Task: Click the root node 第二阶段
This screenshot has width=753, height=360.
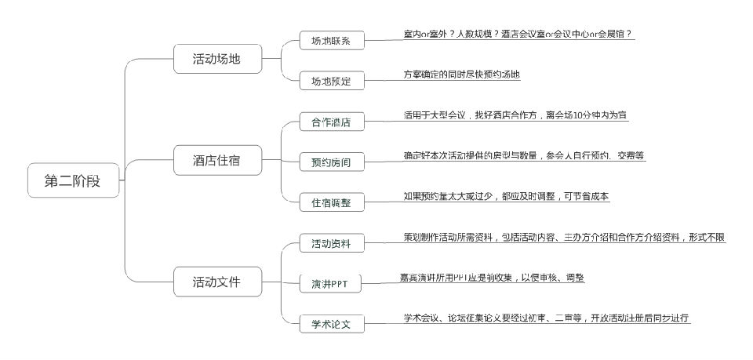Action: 75,181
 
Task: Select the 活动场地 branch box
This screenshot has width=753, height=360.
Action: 216,59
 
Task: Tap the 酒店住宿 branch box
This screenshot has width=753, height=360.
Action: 216,161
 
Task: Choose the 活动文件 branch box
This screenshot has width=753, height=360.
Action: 216,280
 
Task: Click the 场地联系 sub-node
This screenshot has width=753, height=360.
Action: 331,41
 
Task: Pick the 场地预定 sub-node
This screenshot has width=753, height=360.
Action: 331,81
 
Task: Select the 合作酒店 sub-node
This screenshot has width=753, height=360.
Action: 331,122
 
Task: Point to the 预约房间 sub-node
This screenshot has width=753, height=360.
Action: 331,162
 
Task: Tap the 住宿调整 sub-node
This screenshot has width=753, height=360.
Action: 331,202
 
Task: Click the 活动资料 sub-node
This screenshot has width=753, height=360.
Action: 331,243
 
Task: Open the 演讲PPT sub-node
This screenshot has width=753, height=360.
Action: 331,283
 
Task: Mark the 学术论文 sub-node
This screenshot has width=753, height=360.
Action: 331,323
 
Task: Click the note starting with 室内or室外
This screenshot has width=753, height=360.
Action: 518,35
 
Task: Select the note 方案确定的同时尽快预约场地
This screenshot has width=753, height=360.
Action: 461,75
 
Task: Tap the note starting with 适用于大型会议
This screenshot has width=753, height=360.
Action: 515,115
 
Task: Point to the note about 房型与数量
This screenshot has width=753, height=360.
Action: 524,155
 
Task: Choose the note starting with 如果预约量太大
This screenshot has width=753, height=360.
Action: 506,196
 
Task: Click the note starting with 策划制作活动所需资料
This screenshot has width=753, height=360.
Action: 564,237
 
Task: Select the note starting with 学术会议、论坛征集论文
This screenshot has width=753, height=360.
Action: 546,318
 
